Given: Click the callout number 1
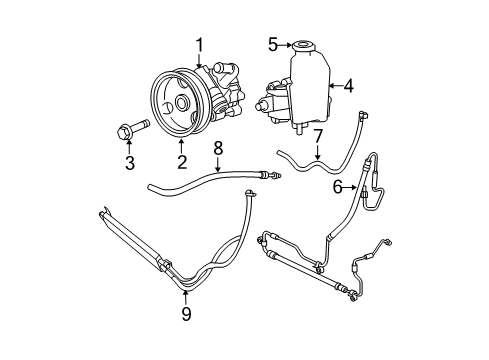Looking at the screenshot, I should click(x=200, y=44).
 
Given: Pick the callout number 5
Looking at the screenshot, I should click(x=271, y=44).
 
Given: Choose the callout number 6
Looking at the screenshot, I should click(x=337, y=185).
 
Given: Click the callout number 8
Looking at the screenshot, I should click(x=218, y=149).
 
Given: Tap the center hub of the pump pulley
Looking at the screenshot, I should click(x=181, y=102).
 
